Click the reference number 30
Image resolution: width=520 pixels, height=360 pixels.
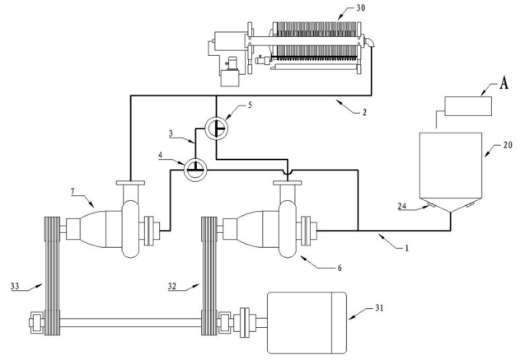pyautogui.click(x=360, y=7)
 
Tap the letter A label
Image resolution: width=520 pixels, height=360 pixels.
pyautogui.click(x=504, y=83)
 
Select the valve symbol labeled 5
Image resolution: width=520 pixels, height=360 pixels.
pyautogui.click(x=216, y=129)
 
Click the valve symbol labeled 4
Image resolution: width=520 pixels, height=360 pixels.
pyautogui.click(x=195, y=170)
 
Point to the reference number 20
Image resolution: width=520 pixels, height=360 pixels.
pyautogui.click(x=508, y=145)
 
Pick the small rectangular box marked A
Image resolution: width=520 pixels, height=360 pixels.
pyautogui.click(x=467, y=106)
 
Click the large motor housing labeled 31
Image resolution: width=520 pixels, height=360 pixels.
pyautogui.click(x=307, y=323)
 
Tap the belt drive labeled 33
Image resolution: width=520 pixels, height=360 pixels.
pyautogui.click(x=52, y=276)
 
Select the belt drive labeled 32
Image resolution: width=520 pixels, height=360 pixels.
pyautogui.click(x=209, y=276)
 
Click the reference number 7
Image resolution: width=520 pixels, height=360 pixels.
pyautogui.click(x=73, y=192)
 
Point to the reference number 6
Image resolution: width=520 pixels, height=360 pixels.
pyautogui.click(x=340, y=268)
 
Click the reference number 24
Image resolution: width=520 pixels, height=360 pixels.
pyautogui.click(x=402, y=206)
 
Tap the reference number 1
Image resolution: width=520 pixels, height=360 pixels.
pyautogui.click(x=407, y=248)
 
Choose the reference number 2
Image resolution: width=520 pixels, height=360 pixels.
pyautogui.click(x=364, y=112)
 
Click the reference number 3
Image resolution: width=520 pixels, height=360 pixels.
pyautogui.click(x=171, y=133)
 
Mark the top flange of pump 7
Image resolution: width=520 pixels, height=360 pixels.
pyautogui.click(x=131, y=183)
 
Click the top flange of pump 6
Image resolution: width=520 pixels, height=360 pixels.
pyautogui.click(x=287, y=183)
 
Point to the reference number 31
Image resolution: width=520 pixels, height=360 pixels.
pyautogui.click(x=379, y=308)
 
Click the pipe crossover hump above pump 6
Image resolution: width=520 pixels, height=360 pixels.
pyautogui.click(x=288, y=173)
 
